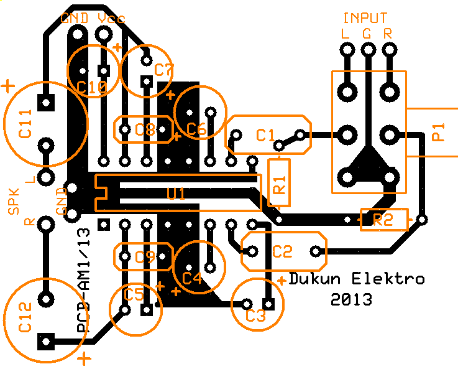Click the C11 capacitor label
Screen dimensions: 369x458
click(25, 126)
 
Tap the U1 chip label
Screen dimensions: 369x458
click(176, 194)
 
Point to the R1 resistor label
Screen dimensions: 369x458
click(279, 182)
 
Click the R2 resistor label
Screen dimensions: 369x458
click(383, 220)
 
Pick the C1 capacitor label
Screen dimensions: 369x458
click(265, 134)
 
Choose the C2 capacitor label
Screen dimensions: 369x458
click(282, 251)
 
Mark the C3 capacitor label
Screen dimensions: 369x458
click(255, 315)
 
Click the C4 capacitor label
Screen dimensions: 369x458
click(192, 278)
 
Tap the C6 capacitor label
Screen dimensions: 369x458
click(196, 129)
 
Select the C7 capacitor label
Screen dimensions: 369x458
click(164, 69)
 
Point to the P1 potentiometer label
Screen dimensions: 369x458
click(438, 133)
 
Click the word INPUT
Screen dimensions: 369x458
click(365, 19)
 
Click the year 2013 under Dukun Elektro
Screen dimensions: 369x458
click(351, 299)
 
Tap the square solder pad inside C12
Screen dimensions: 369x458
click(45, 341)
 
